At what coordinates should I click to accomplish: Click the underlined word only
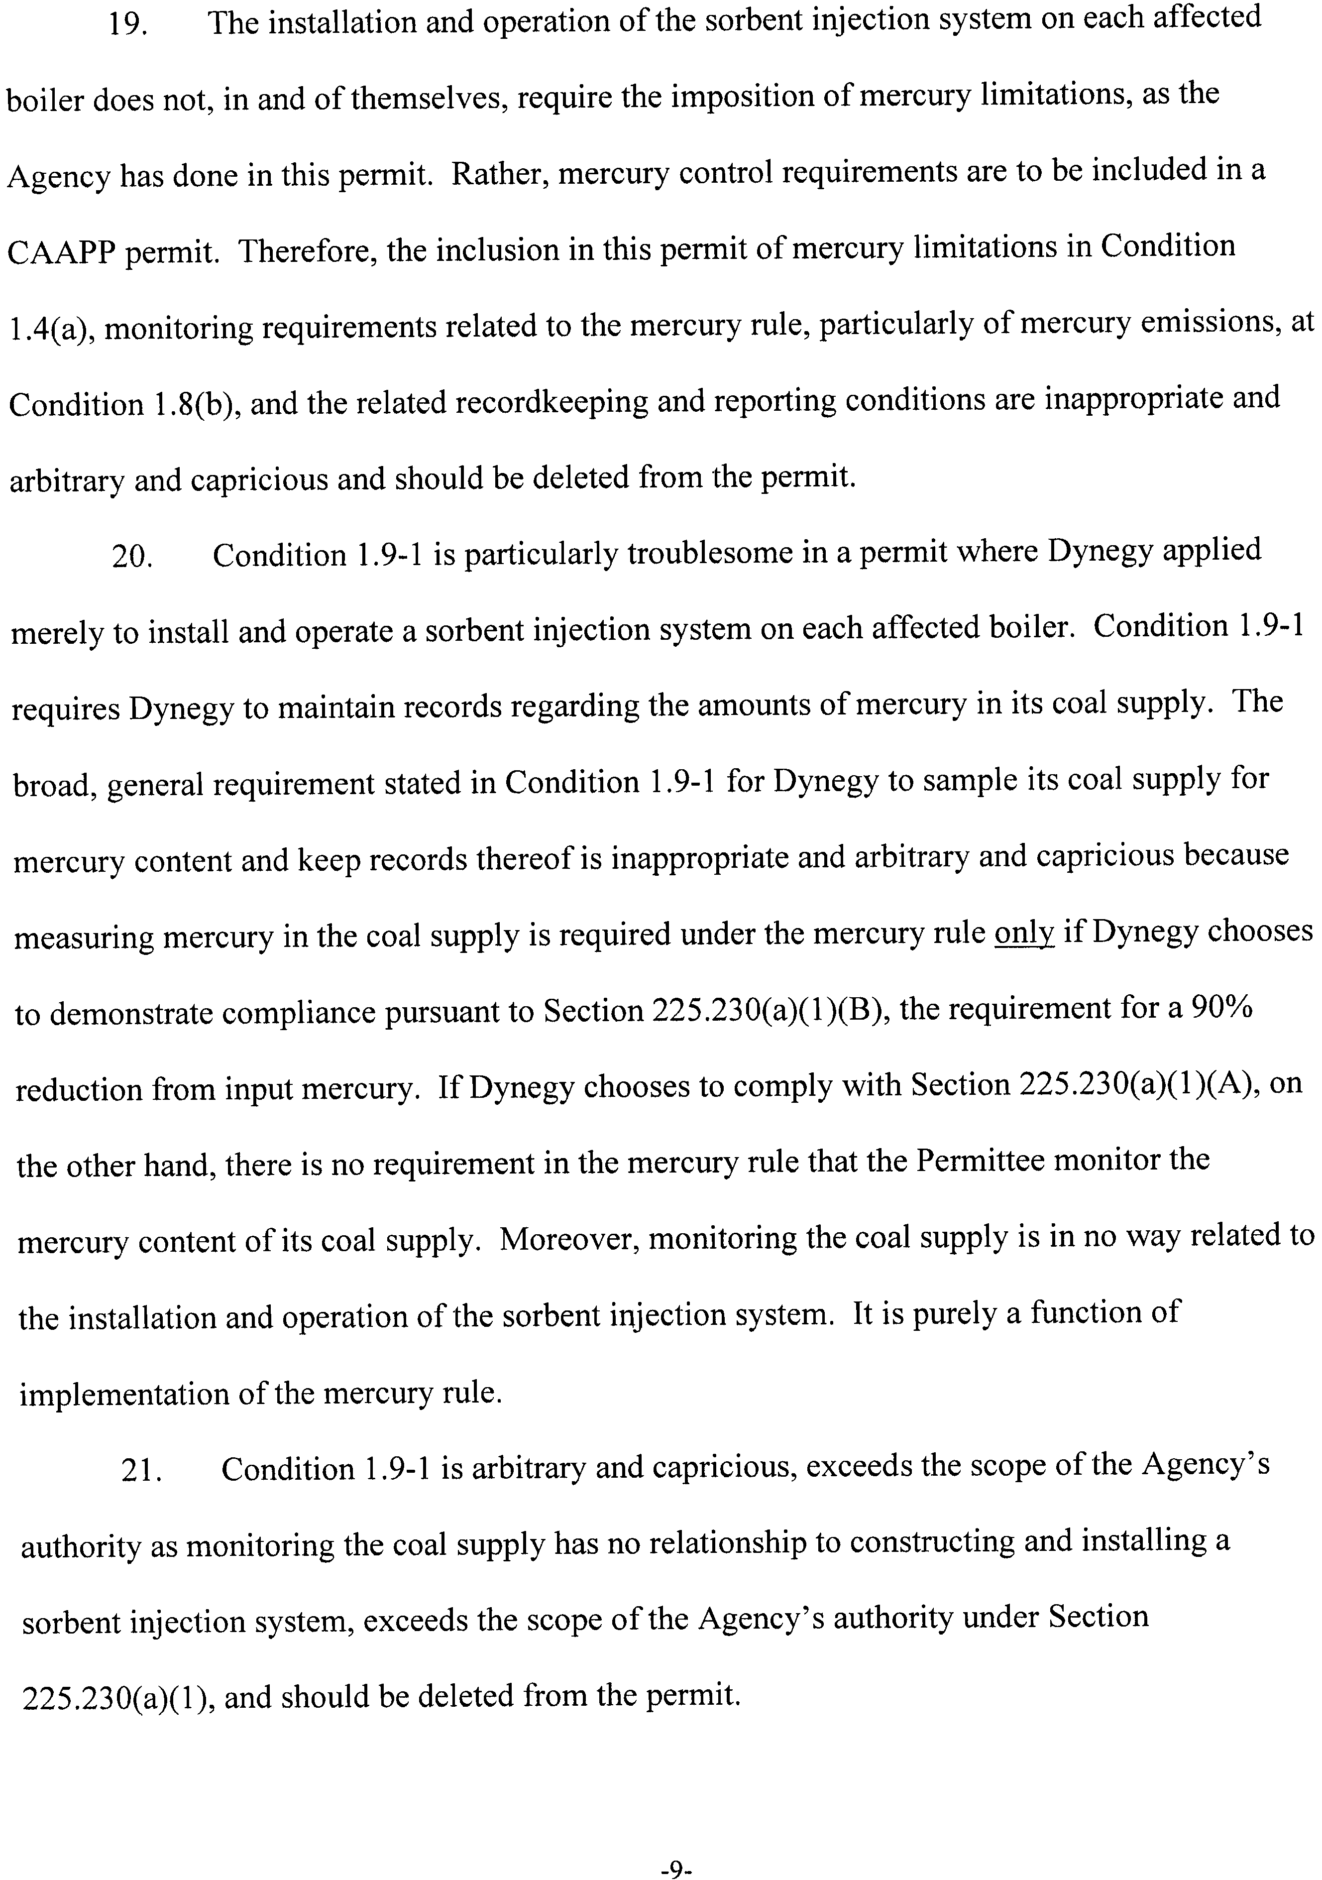pos(1023,934)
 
